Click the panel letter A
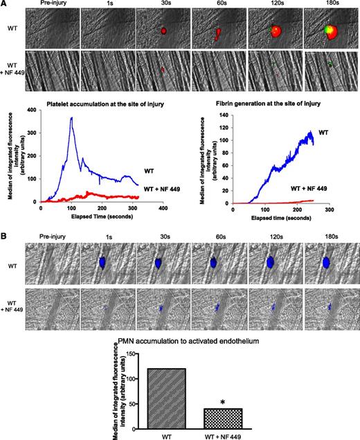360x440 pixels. [x=5, y=5]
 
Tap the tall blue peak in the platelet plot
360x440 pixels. [x=71, y=119]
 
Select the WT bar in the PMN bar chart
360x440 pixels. [x=161, y=394]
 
